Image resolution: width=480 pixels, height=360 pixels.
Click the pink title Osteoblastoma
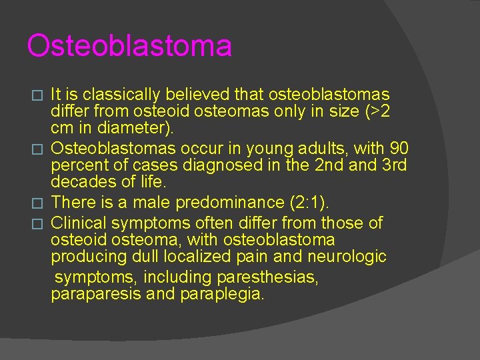pos(129,46)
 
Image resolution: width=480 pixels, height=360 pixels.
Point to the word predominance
pos(215,203)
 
